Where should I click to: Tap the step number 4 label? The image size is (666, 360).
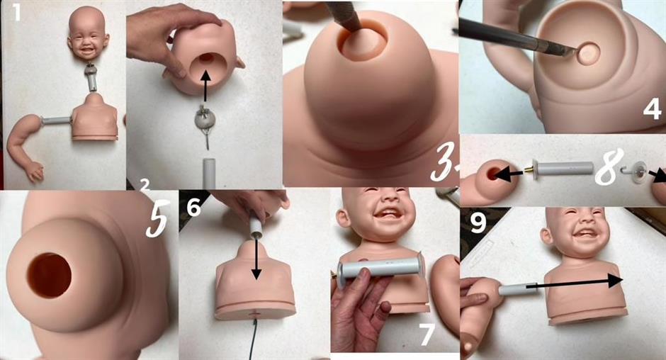(x=652, y=108)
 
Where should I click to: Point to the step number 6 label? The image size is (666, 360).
(x=193, y=208)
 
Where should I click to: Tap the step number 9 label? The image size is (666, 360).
(x=478, y=223)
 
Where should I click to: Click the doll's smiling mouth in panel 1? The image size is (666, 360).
(x=88, y=50)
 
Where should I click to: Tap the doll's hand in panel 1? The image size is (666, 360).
(x=35, y=171)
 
